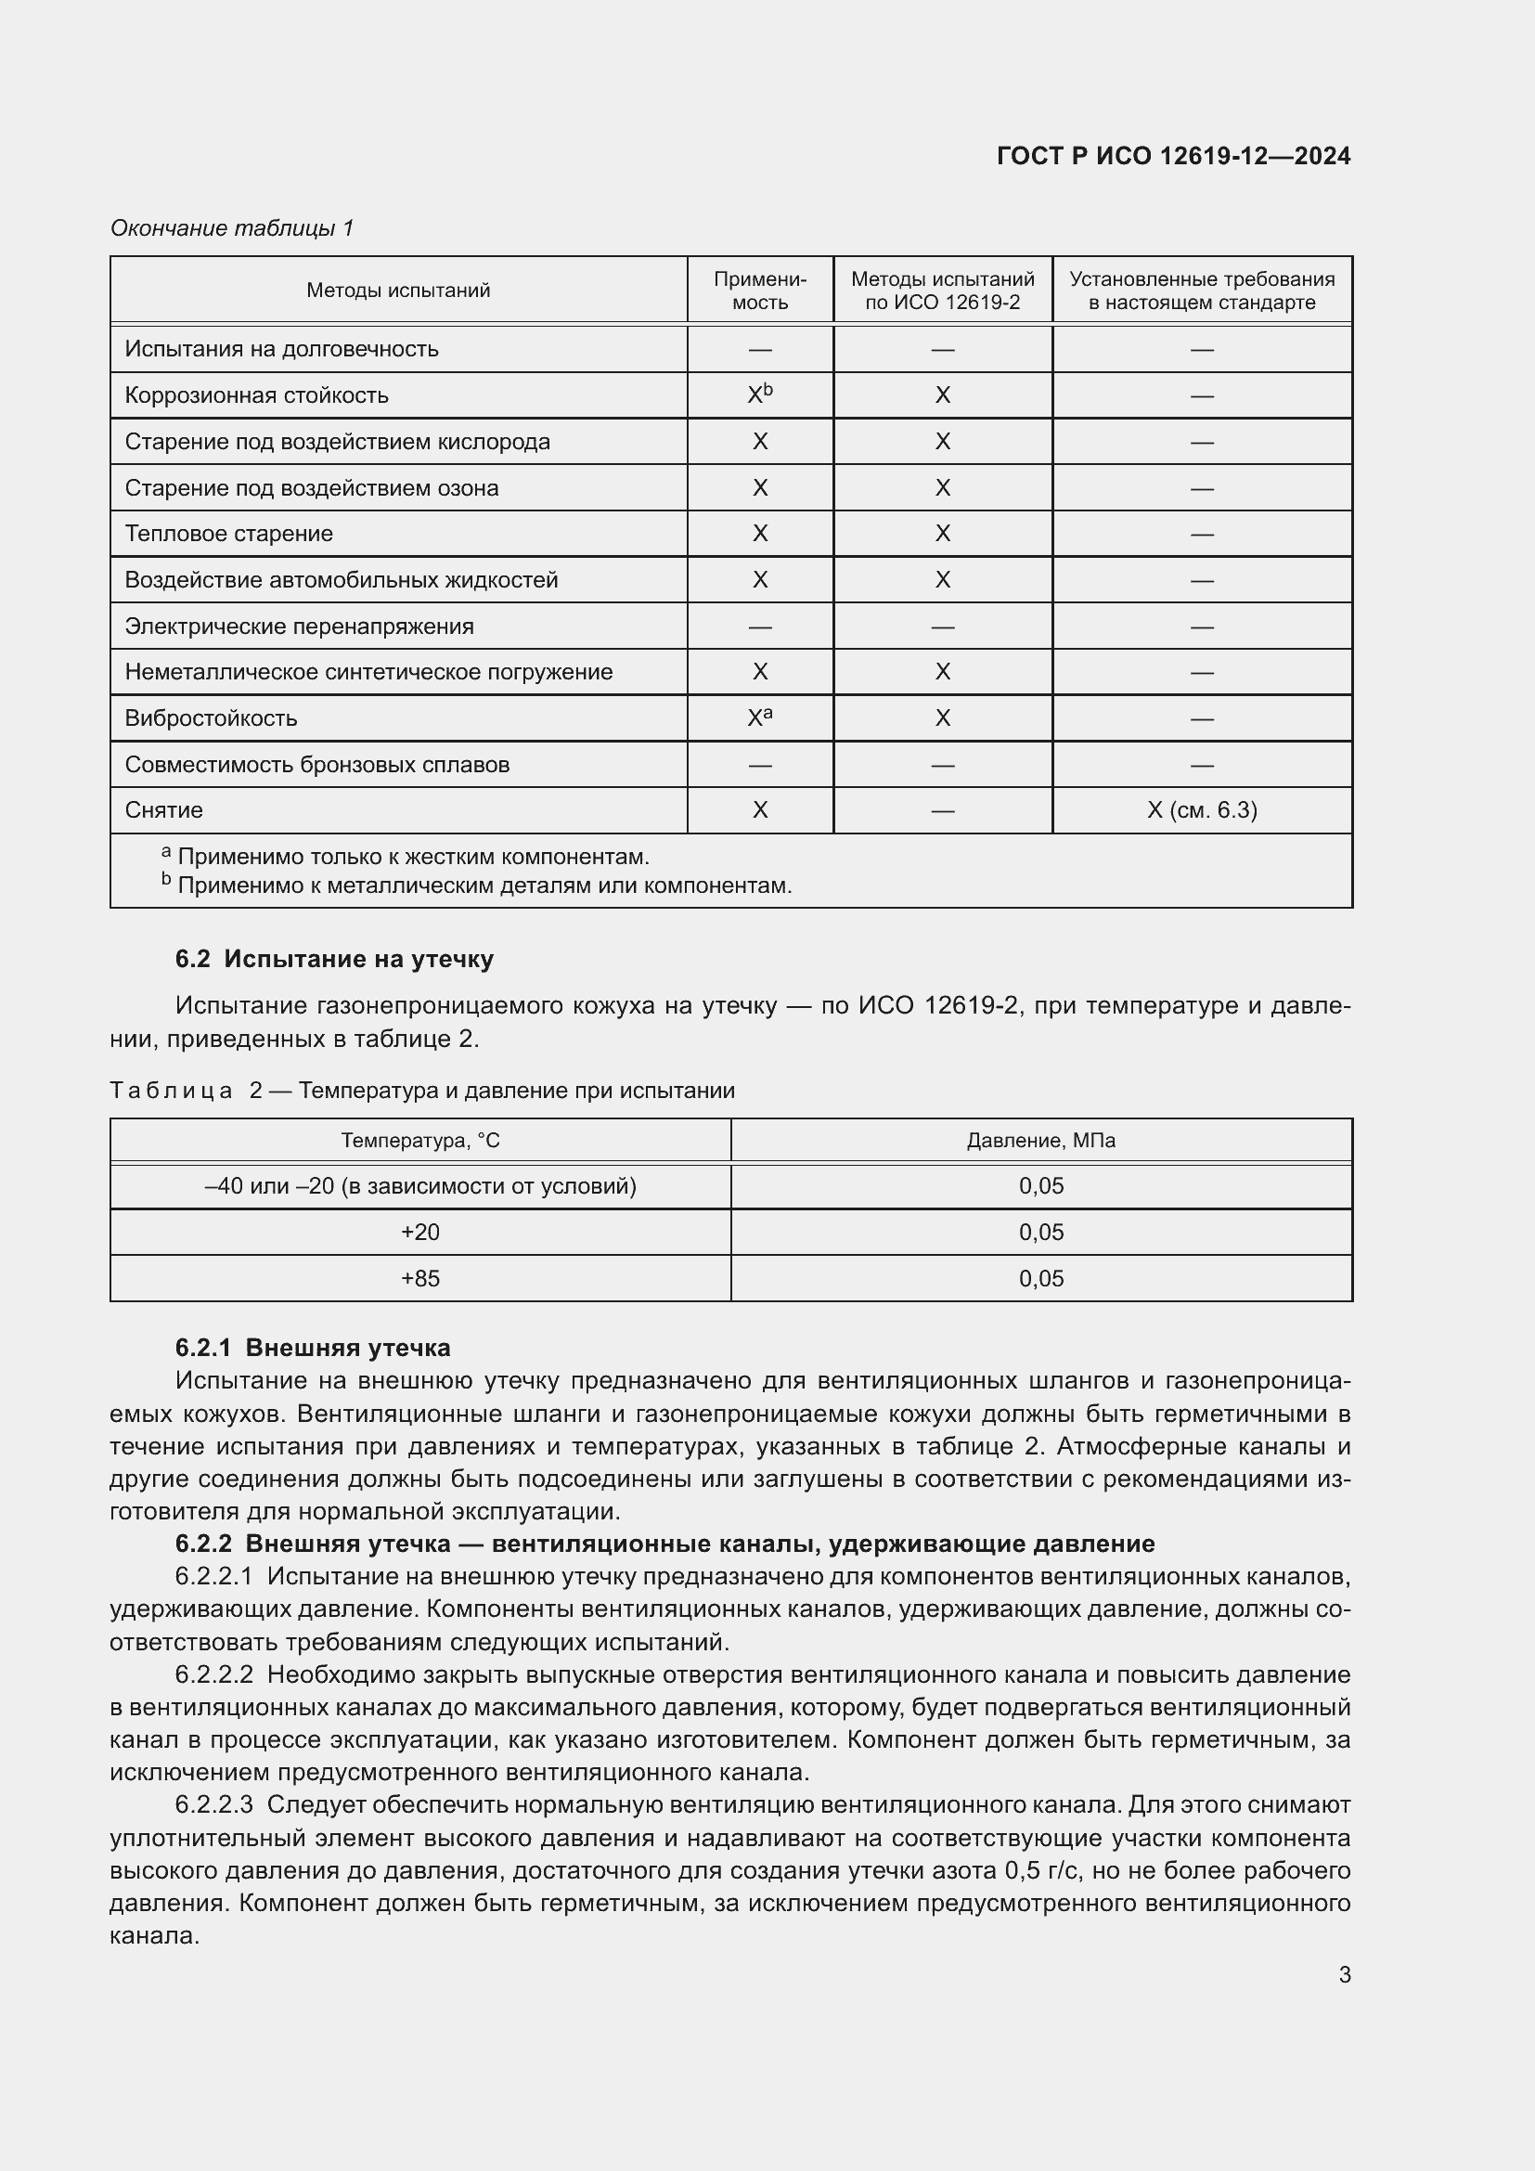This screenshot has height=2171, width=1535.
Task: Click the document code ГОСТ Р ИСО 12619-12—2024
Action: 1173,156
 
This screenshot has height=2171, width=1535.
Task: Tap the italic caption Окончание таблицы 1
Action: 232,228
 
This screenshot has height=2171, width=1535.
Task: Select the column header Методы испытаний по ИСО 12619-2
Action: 941,291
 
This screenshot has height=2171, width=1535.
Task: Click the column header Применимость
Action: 759,291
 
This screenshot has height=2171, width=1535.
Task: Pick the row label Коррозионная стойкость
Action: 256,395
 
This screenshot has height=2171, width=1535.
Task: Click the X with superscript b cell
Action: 759,394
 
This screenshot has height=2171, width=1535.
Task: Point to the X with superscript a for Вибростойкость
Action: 759,717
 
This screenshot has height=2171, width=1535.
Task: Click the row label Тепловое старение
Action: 228,534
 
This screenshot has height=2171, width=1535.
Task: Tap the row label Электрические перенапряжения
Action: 299,626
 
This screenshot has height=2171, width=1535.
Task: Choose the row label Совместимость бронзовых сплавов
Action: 316,764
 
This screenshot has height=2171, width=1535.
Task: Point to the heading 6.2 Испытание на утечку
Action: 334,959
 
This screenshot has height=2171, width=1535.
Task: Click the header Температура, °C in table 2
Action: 419,1141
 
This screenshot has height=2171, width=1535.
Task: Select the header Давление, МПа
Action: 1039,1141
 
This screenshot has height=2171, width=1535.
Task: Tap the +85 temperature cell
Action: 419,1278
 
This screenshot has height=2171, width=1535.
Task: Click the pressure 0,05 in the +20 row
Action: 1039,1232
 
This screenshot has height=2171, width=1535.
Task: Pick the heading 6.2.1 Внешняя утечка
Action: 312,1348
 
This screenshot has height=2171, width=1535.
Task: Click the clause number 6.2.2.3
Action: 213,1804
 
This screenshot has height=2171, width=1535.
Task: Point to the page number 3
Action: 1343,1975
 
